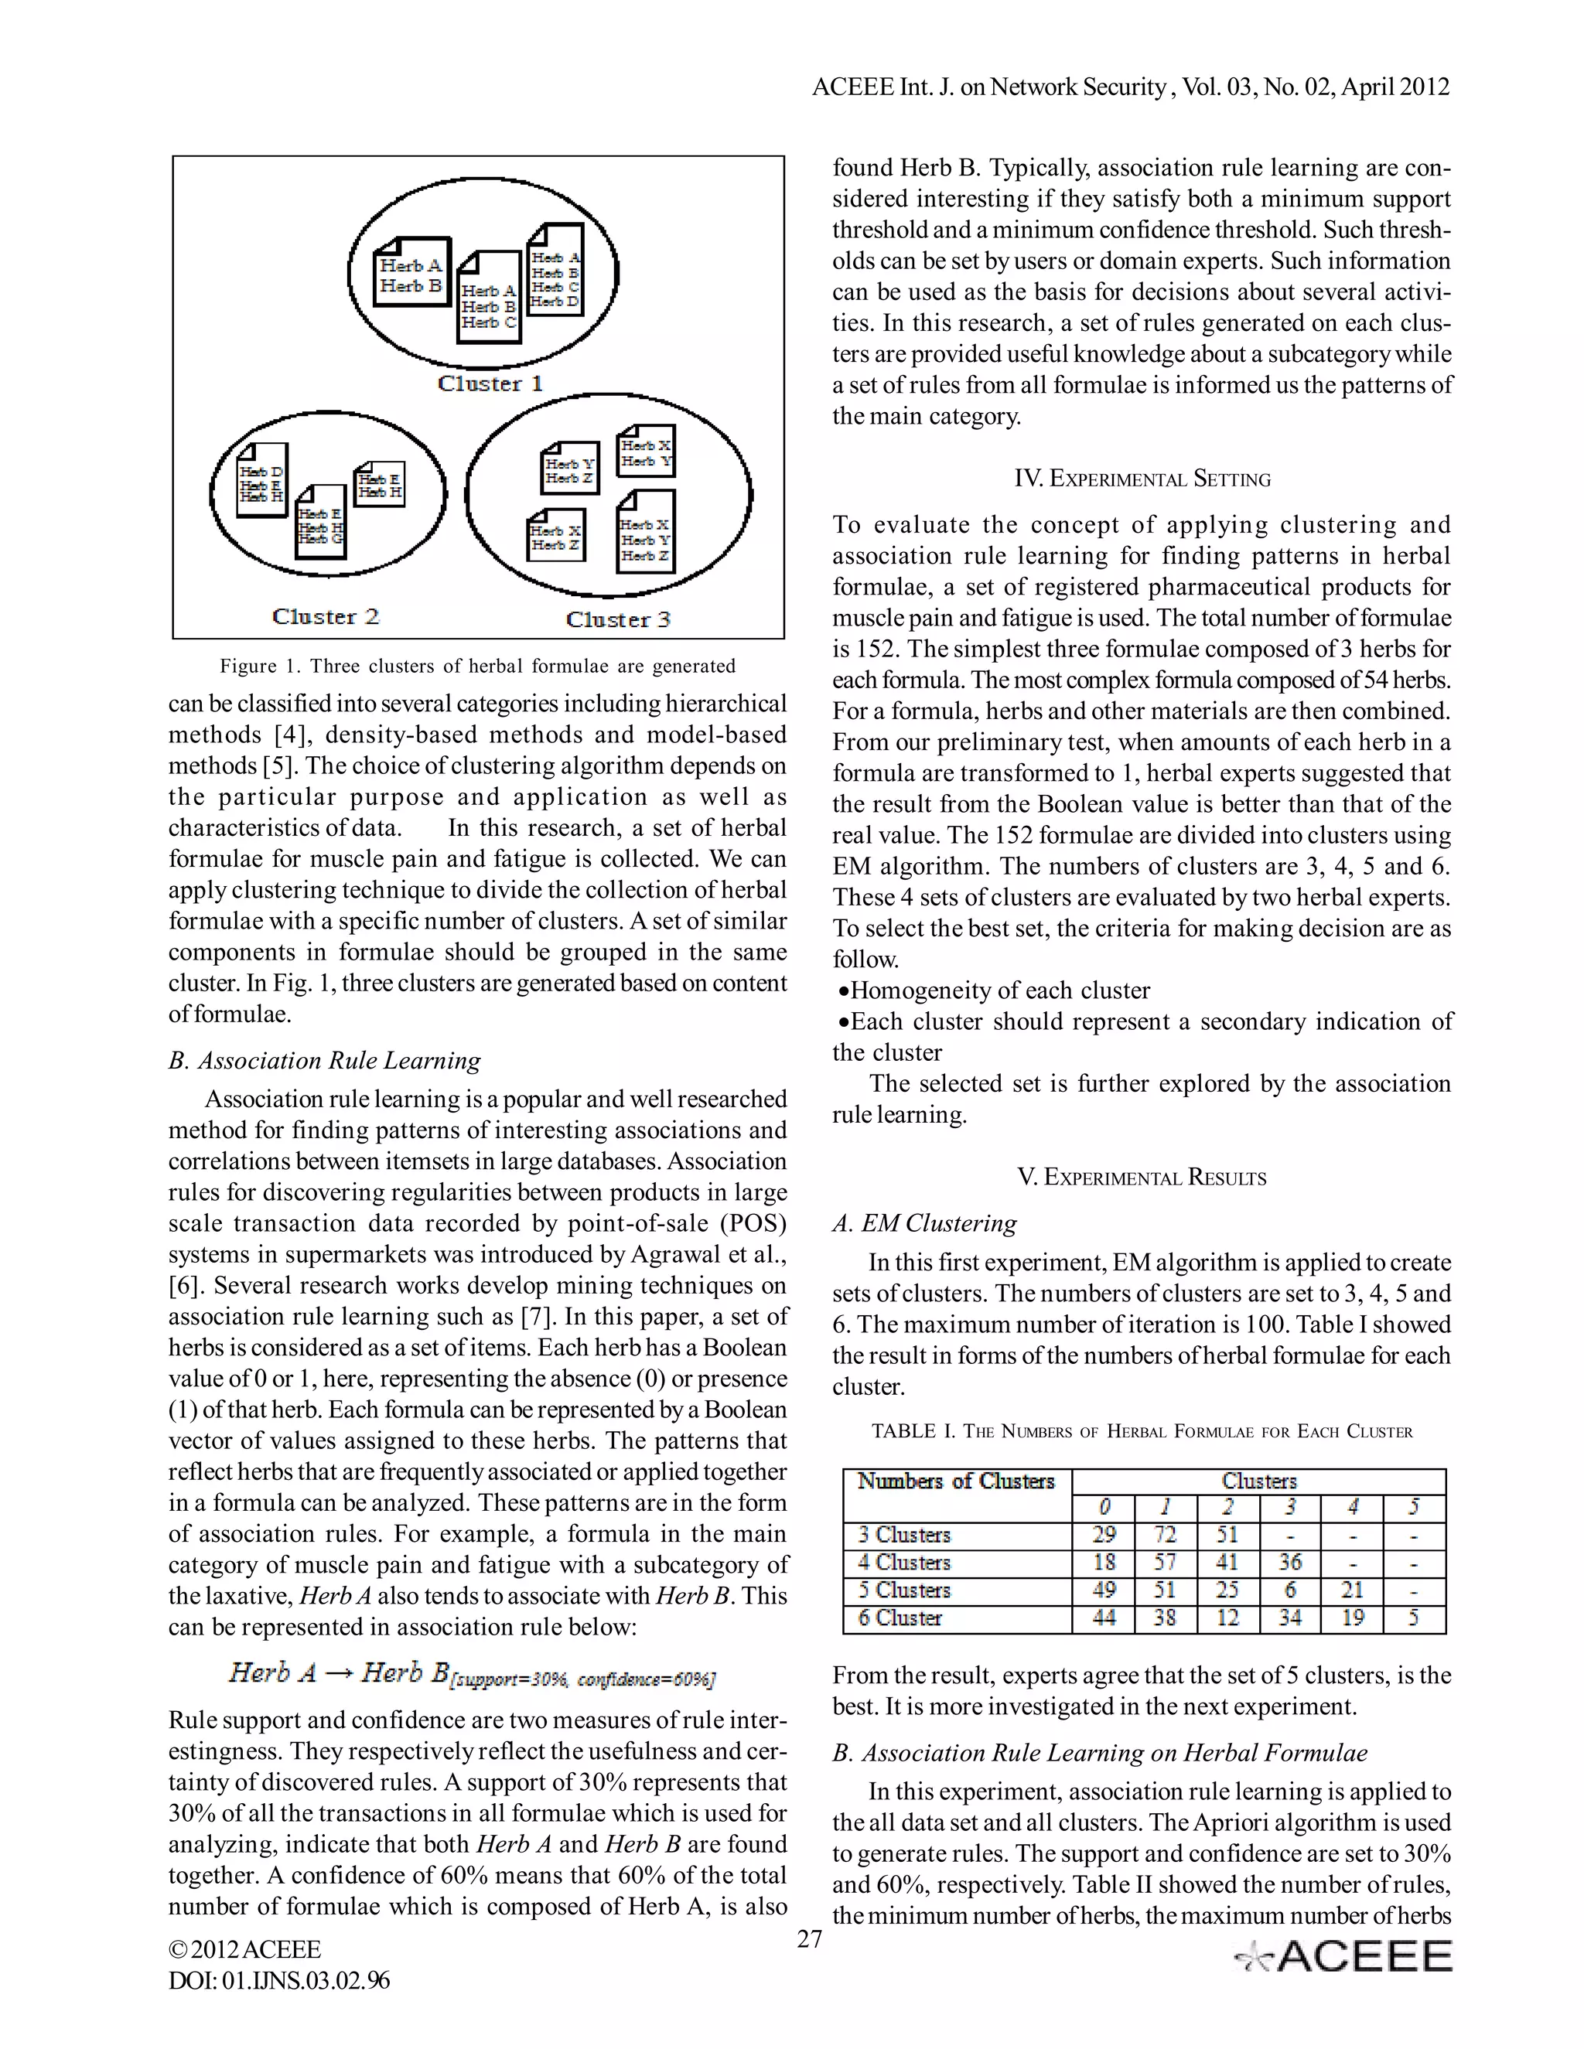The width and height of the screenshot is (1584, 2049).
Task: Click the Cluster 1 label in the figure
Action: click(490, 384)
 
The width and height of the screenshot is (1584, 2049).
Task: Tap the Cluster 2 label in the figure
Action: click(325, 616)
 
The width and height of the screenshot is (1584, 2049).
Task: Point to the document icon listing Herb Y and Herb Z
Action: click(569, 468)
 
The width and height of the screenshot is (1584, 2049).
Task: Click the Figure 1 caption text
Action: click(478, 666)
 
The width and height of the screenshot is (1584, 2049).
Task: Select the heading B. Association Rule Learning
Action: click(325, 1060)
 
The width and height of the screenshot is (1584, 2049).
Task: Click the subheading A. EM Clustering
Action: click(924, 1223)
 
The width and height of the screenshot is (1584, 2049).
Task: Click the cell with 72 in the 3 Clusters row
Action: click(1165, 1535)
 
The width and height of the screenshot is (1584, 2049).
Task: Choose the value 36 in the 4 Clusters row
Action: click(1289, 1562)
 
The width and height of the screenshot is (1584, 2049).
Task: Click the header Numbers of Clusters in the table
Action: click(955, 1481)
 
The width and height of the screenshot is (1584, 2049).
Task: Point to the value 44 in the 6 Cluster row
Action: click(1104, 1618)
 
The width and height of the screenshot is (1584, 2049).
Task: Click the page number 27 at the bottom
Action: click(809, 1939)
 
